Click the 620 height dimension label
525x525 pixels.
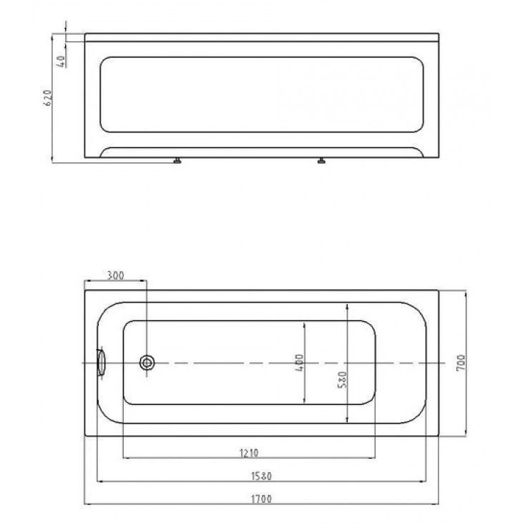48,98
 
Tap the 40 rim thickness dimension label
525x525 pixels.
62,62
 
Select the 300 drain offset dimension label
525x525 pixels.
115,275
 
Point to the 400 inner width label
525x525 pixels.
299,363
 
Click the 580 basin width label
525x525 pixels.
342,380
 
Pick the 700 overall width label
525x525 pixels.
461,362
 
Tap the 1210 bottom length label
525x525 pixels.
249,453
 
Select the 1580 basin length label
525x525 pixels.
262,476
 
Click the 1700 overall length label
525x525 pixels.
262,499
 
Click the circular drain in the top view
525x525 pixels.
147,363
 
